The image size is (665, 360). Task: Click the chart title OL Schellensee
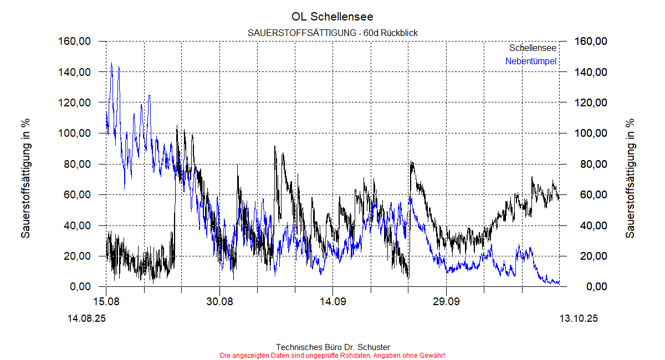332,17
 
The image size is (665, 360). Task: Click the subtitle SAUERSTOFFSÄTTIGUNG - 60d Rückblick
332,33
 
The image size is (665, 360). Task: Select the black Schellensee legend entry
533,49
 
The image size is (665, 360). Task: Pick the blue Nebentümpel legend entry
530,61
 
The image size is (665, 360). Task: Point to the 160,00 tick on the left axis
75,42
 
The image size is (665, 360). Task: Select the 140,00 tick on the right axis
591,72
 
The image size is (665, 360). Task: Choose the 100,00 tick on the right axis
591,133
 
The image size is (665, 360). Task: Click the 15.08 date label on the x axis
106,301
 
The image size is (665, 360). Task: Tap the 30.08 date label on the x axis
219,301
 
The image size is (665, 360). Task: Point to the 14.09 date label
332,301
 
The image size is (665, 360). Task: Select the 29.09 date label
446,301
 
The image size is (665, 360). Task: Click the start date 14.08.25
86,318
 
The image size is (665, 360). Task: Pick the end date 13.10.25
579,318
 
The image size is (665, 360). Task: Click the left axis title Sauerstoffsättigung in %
25,178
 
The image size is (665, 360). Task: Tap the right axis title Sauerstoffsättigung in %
630,178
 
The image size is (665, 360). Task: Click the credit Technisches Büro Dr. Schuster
332,347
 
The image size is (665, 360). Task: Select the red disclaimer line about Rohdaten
332,356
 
